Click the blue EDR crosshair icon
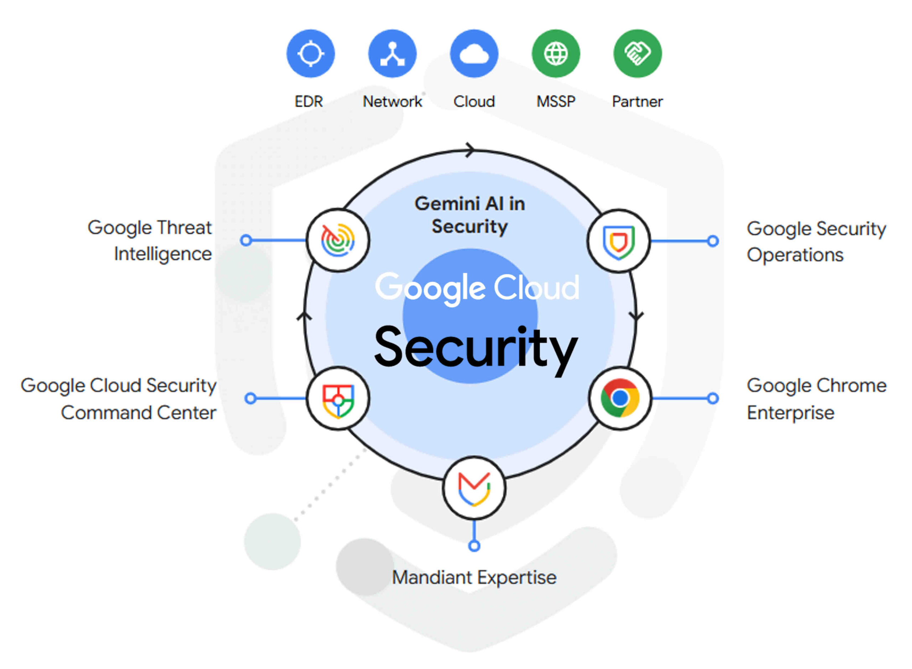click(x=310, y=53)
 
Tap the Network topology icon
click(x=392, y=53)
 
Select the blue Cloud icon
click(x=474, y=53)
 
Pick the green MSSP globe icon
click(x=556, y=53)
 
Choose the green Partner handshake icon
click(x=637, y=53)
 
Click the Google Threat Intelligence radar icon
click(x=338, y=240)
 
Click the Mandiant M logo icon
click(x=474, y=488)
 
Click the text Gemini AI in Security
click(x=470, y=215)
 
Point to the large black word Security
click(x=476, y=347)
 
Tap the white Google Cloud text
click(x=477, y=287)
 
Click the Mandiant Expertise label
click(x=474, y=577)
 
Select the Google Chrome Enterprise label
click(x=816, y=399)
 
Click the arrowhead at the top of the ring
click(x=470, y=150)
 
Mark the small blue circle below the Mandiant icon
click(x=474, y=546)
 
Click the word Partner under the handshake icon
click(x=637, y=101)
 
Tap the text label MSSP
click(x=556, y=101)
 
